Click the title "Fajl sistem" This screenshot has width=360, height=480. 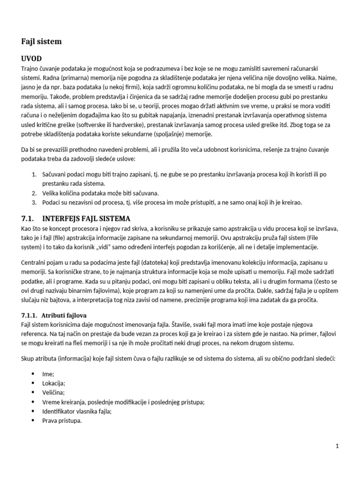pyautogui.click(x=41, y=42)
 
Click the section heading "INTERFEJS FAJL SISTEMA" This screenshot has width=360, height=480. pyautogui.click(x=86, y=218)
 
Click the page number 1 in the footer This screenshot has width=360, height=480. pyautogui.click(x=337, y=446)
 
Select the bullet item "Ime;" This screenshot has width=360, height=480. pyautogui.click(x=49, y=374)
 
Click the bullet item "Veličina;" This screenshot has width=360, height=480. pyautogui.click(x=54, y=393)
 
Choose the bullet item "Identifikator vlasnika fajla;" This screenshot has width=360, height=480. pyautogui.click(x=77, y=411)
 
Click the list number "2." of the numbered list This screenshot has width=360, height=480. pyautogui.click(x=34, y=193)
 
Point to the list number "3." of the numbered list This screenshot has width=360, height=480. pyautogui.click(x=34, y=202)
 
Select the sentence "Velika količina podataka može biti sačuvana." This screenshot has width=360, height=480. pyautogui.click(x=100, y=193)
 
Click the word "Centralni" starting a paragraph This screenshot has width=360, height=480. pyautogui.click(x=35, y=263)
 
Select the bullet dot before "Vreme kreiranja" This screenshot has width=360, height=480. pyautogui.click(x=33, y=402)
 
